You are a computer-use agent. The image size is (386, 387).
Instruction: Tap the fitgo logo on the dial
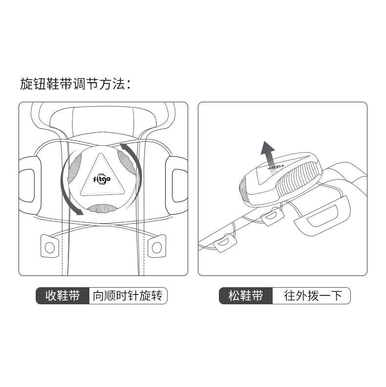(102, 179)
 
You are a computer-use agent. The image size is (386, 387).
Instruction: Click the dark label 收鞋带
(63, 296)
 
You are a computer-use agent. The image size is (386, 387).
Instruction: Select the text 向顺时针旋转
(128, 296)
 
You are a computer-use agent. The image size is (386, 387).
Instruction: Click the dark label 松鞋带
(246, 296)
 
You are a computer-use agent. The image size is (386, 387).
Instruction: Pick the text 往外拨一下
(313, 296)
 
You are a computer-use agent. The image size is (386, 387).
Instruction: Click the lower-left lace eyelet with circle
(50, 246)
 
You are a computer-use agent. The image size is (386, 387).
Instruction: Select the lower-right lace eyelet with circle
(157, 246)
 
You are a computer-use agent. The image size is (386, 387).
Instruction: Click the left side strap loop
(30, 185)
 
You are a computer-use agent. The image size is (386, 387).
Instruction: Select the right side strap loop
(177, 185)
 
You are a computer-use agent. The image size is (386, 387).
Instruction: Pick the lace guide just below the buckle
(272, 216)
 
